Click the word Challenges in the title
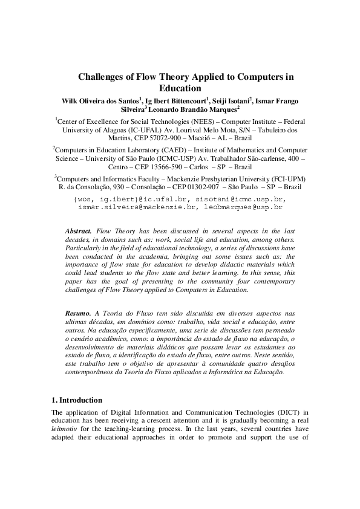point(103,77)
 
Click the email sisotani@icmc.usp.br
point(241,199)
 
